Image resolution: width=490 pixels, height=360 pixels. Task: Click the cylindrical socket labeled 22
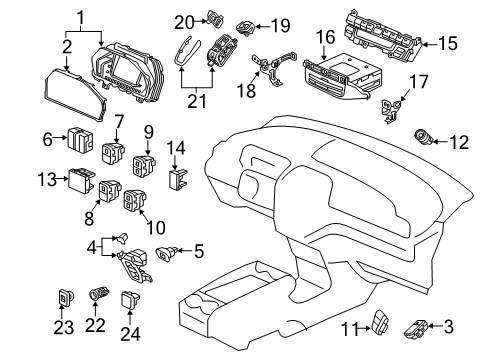(x=97, y=297)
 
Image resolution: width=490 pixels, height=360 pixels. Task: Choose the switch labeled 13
(x=79, y=182)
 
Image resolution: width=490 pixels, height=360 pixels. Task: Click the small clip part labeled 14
(x=177, y=181)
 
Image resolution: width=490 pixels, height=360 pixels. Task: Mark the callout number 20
(x=182, y=20)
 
